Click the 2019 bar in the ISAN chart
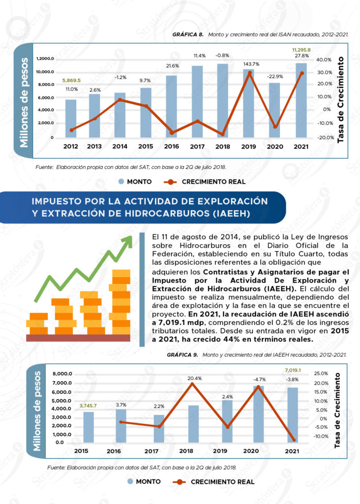pyautogui.click(x=249, y=103)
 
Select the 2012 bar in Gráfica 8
pyautogui.click(x=71, y=118)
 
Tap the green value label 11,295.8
pyautogui.click(x=301, y=50)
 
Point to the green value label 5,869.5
pyautogui.click(x=71, y=80)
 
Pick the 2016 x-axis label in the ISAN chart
pyautogui.click(x=172, y=146)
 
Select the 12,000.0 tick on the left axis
pyautogui.click(x=45, y=59)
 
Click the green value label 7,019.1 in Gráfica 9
pyautogui.click(x=293, y=370)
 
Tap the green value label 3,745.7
pyautogui.click(x=88, y=406)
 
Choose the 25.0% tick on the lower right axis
pyautogui.click(x=320, y=374)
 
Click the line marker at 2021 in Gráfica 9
pyautogui.click(x=294, y=440)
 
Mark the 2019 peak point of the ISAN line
pyautogui.click(x=250, y=73)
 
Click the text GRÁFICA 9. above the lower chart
pyautogui.click(x=182, y=354)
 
